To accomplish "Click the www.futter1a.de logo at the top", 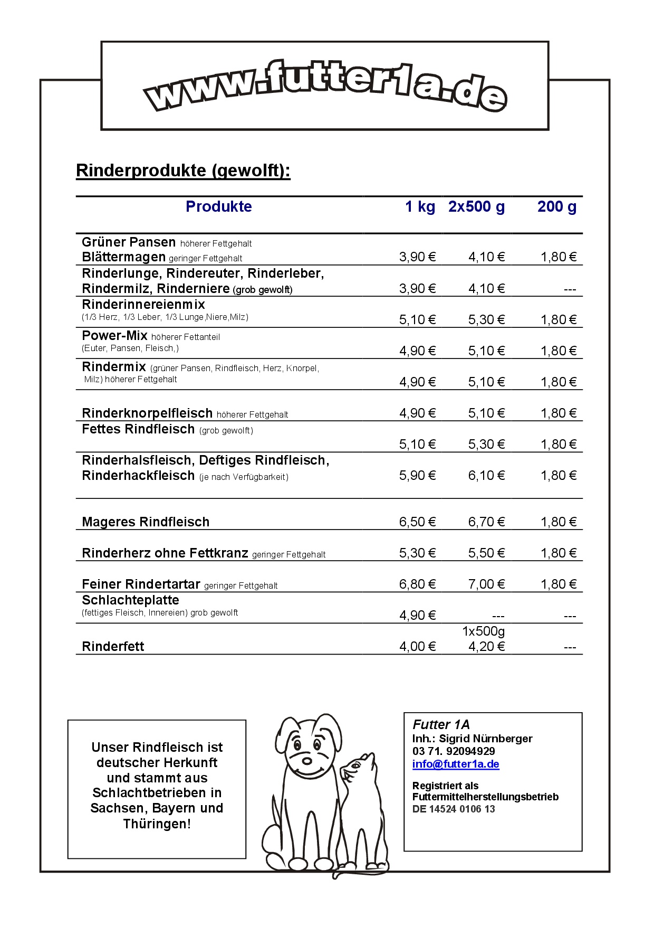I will point(325,86).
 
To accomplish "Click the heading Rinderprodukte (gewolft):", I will point(183,171).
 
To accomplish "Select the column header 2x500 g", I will point(476,206).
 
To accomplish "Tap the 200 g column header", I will point(556,206).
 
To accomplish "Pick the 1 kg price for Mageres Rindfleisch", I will point(417,522).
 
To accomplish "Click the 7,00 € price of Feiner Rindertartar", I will point(486,584).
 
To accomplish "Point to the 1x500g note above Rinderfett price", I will point(483,631).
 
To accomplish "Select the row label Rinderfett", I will point(113,647).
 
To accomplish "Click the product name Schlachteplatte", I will point(130,600).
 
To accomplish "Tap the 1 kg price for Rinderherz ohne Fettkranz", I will point(417,553).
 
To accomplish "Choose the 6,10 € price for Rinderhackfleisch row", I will point(486,476).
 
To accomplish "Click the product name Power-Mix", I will point(114,336).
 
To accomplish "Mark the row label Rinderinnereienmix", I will point(143,305).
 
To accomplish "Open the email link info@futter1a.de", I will point(456,764).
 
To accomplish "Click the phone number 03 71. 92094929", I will point(454,751).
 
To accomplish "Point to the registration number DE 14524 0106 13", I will point(454,809).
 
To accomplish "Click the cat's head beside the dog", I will point(357,771).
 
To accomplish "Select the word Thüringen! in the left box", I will point(157,824).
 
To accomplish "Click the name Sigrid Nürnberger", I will point(485,739).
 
